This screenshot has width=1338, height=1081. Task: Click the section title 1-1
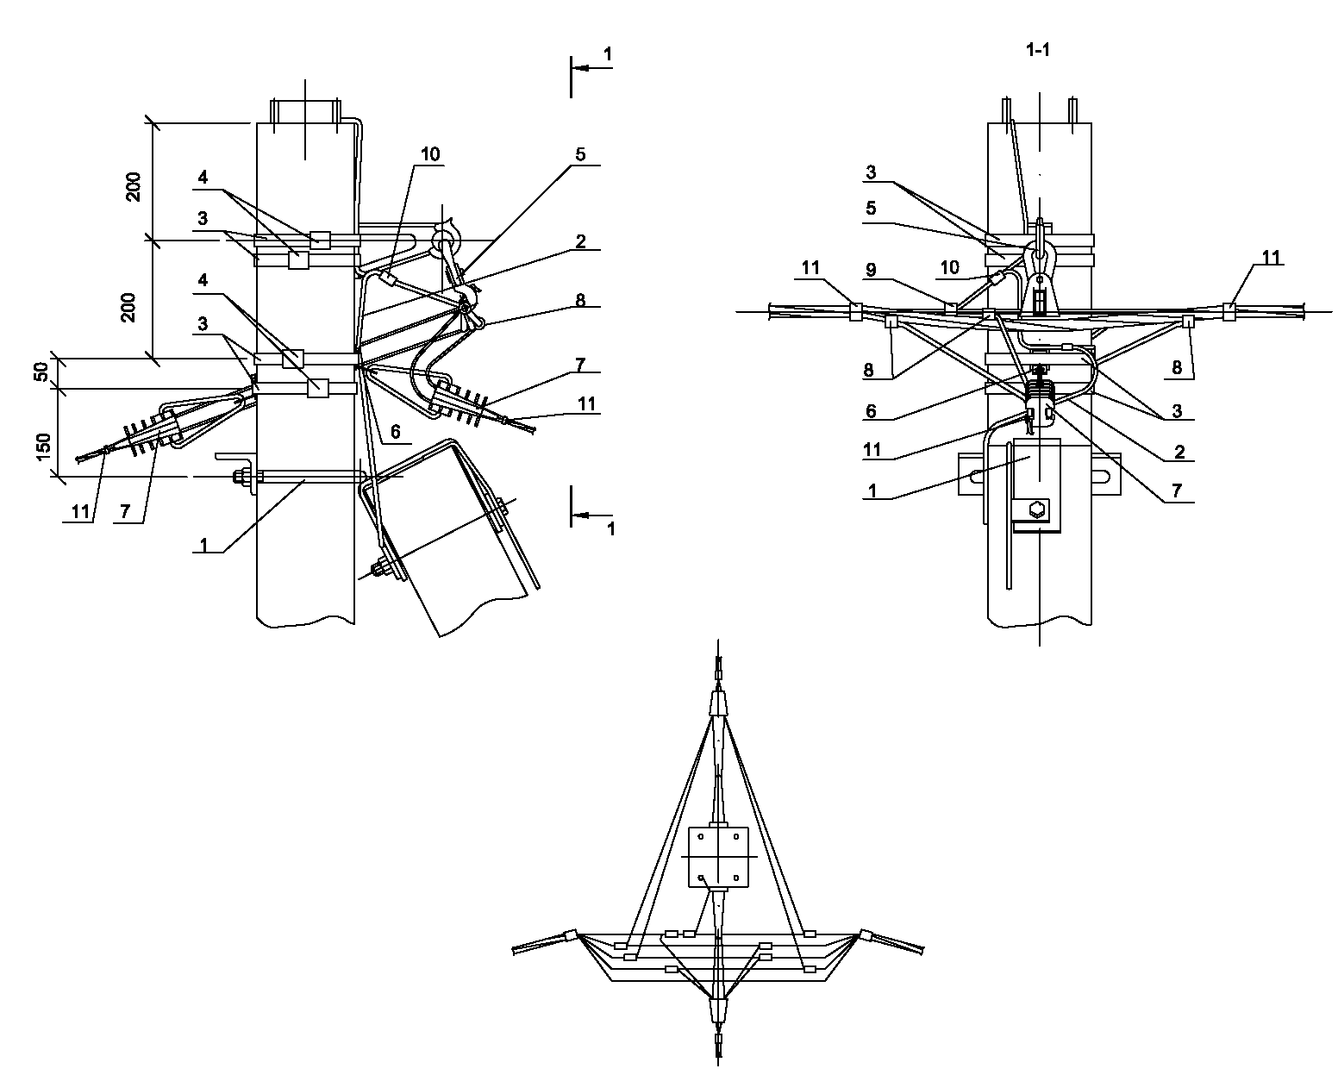pyautogui.click(x=1038, y=50)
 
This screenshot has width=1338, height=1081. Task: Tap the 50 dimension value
pyautogui.click(x=41, y=372)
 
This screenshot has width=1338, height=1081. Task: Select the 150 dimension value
pyautogui.click(x=43, y=447)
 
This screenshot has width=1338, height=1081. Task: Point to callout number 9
pyautogui.click(x=871, y=270)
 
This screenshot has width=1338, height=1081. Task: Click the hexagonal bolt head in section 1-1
pyautogui.click(x=1038, y=509)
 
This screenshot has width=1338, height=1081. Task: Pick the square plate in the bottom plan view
pyautogui.click(x=718, y=857)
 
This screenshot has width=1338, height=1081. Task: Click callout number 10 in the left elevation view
pyautogui.click(x=430, y=154)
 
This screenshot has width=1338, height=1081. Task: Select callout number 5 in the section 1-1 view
pyautogui.click(x=871, y=209)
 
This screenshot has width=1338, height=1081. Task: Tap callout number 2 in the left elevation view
pyautogui.click(x=580, y=241)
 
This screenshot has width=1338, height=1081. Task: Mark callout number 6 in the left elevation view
pyautogui.click(x=395, y=432)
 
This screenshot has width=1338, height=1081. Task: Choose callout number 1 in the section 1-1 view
pyautogui.click(x=872, y=490)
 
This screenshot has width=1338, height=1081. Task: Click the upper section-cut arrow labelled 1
pyautogui.click(x=591, y=68)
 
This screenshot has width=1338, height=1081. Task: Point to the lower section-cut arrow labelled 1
pyautogui.click(x=591, y=515)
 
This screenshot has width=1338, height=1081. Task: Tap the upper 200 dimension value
pyautogui.click(x=134, y=186)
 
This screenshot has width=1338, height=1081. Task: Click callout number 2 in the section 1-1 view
pyautogui.click(x=1179, y=451)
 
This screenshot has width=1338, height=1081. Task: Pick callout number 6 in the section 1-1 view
pyautogui.click(x=871, y=411)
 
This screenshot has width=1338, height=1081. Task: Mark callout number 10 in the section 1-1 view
pyautogui.click(x=949, y=267)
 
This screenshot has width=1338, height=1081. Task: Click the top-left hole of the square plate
pyautogui.click(x=701, y=837)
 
